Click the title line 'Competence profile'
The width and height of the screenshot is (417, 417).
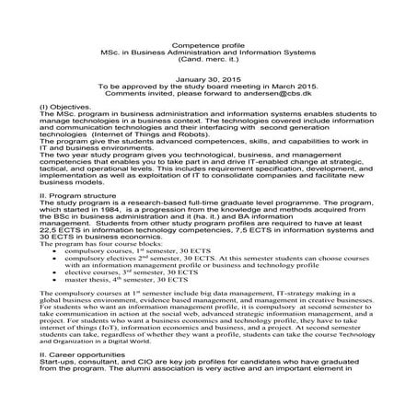coord(207,44)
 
